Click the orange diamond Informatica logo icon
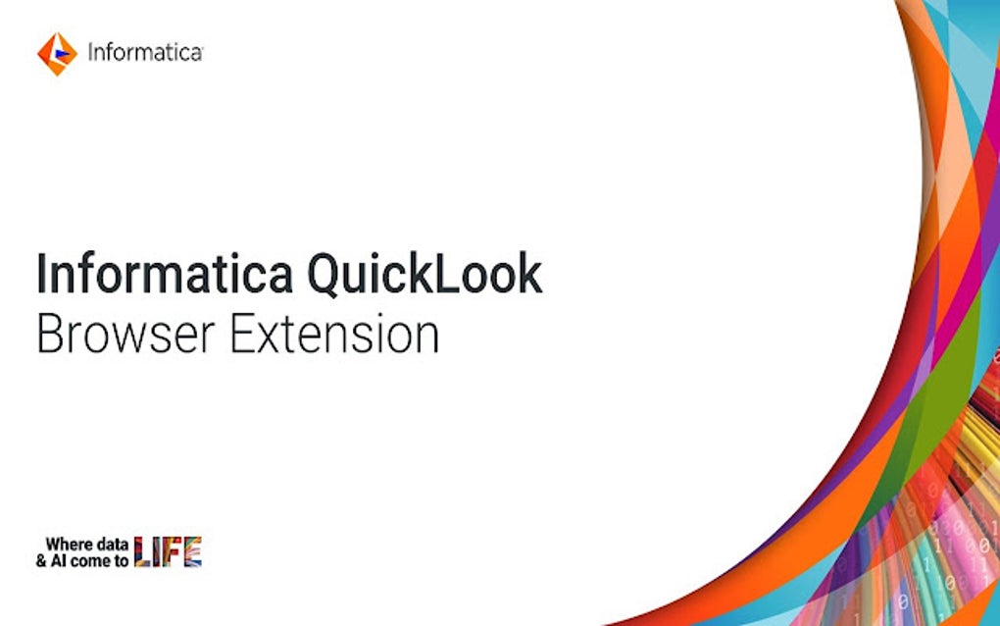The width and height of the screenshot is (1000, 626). (57, 53)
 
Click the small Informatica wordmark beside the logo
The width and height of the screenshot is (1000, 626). (144, 53)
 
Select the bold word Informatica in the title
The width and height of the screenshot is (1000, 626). (164, 275)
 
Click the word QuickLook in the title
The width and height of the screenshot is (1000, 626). (424, 275)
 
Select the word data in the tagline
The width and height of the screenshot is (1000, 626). (113, 544)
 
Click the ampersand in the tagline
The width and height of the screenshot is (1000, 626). (41, 561)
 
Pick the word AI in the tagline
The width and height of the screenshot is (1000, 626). (59, 561)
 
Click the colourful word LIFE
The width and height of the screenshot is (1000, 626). (168, 552)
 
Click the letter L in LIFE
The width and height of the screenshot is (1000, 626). (143, 552)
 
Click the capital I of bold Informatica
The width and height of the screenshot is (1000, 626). (41, 275)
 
